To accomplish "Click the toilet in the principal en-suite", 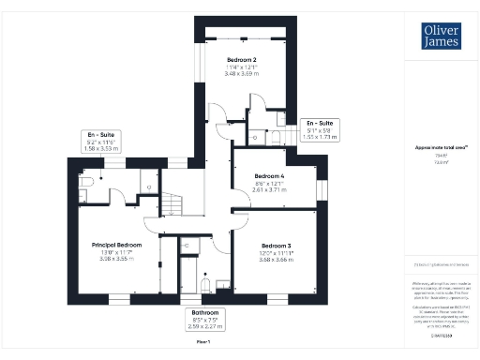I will point(83,183).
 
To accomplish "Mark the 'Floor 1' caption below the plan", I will point(202,344).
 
